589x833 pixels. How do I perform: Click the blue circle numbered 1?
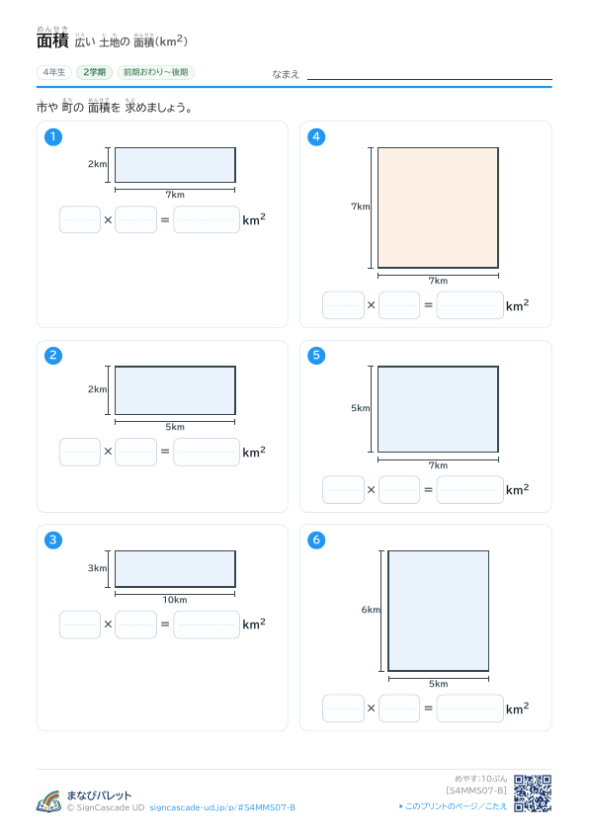point(53,137)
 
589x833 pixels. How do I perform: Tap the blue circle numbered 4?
point(316,137)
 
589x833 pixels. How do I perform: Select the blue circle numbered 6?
point(316,541)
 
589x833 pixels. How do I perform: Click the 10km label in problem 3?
point(175,600)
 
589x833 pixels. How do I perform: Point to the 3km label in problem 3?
point(97,568)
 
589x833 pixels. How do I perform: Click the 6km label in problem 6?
point(371,610)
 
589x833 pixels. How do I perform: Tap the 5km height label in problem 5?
point(361,408)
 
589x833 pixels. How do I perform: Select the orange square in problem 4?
point(438,208)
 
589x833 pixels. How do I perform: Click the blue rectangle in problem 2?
point(175,390)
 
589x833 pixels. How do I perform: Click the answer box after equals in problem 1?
point(207,219)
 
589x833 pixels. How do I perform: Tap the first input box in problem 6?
point(343,708)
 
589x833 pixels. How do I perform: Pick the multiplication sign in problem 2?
point(108,452)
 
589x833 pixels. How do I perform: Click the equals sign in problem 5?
point(428,490)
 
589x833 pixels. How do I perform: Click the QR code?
point(533,793)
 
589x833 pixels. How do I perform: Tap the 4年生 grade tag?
point(54,72)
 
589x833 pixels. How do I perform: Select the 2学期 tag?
point(95,72)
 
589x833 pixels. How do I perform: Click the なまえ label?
point(286,74)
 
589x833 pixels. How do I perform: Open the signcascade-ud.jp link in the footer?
point(222,807)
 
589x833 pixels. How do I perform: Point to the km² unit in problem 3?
point(254,624)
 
